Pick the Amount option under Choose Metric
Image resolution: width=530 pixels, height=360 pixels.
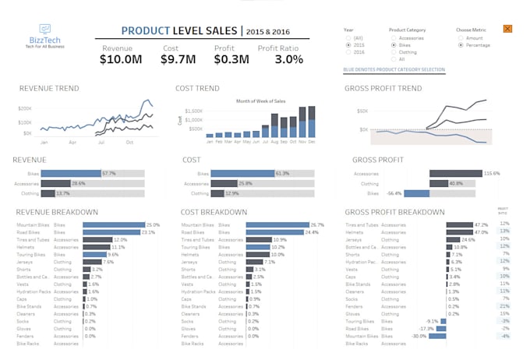460,37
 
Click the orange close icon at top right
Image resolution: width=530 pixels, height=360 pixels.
507,29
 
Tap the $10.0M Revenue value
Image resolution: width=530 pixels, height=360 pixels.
121,59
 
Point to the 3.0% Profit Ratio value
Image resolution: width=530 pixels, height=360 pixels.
288,59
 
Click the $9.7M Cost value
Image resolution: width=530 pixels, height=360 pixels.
178,59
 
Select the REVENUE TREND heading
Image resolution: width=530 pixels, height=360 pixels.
49,89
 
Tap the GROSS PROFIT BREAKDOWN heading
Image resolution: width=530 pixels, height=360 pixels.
394,212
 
